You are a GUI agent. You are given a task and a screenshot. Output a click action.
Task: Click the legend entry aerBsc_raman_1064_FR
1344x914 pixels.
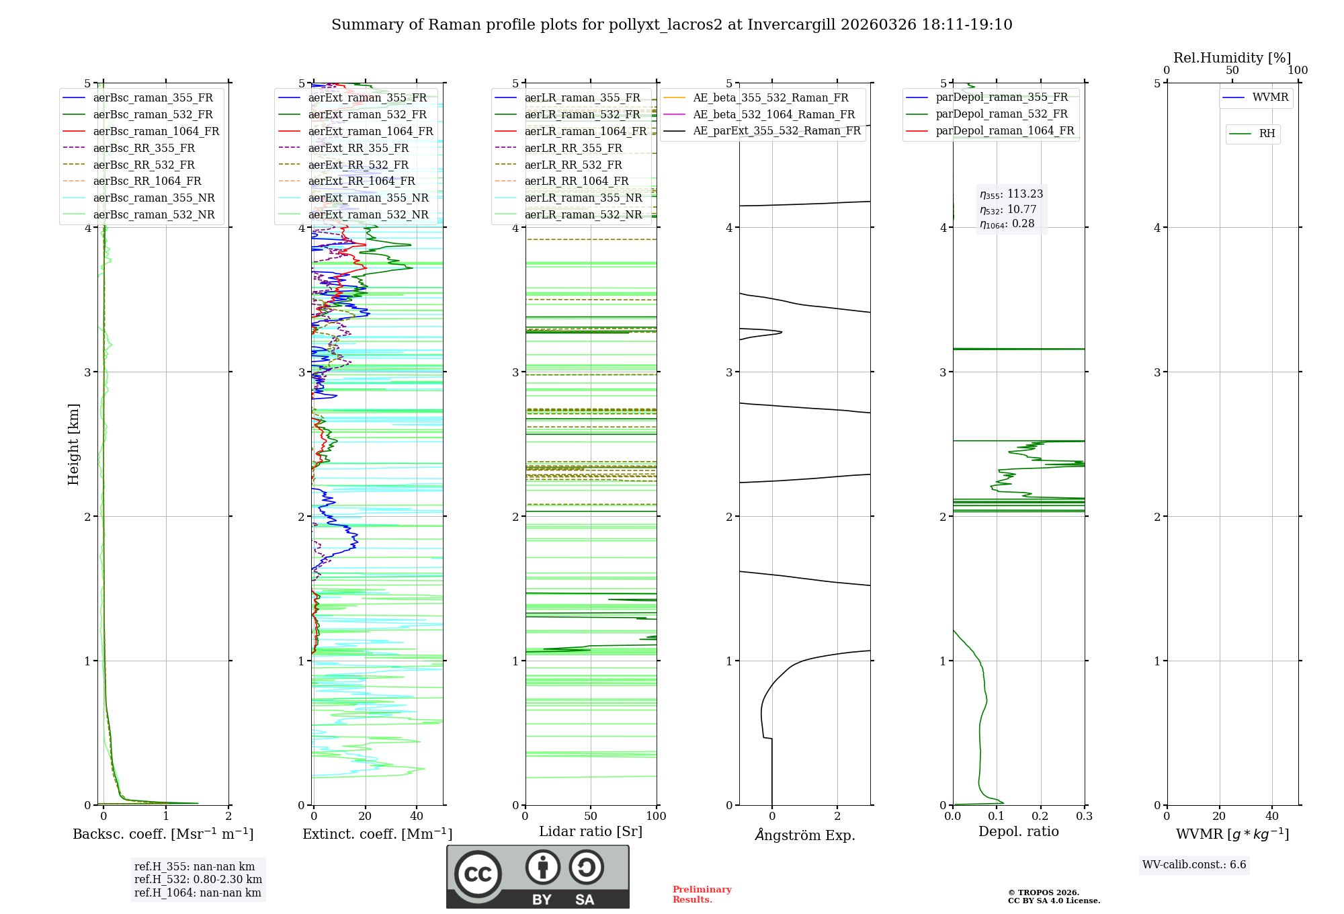[156, 132]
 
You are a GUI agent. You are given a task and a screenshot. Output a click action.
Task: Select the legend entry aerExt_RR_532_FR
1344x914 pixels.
[358, 165]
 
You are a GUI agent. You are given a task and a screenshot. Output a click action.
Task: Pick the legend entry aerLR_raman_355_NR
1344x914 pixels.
[583, 198]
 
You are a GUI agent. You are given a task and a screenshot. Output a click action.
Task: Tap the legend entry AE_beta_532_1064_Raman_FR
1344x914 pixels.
[773, 115]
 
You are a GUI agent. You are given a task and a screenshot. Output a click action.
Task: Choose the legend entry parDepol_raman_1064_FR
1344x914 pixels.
[1005, 131]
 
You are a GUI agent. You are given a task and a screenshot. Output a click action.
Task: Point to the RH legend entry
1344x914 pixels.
[1267, 134]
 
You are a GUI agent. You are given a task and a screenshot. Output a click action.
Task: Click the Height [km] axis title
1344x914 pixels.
[73, 444]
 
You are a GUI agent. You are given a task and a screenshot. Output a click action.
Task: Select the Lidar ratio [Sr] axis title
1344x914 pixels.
[591, 831]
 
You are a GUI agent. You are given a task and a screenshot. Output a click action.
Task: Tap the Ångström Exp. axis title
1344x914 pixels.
[805, 835]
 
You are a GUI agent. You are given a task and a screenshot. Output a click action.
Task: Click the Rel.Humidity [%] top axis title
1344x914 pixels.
[1232, 58]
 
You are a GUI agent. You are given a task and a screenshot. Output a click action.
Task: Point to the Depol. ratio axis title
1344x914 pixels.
[1018, 831]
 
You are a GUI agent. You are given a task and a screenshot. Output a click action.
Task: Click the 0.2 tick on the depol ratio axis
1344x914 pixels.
[1040, 817]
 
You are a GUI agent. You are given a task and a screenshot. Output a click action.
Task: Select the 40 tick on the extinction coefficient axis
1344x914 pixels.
[417, 817]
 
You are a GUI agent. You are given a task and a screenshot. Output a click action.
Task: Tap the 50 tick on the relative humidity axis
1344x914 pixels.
[1232, 71]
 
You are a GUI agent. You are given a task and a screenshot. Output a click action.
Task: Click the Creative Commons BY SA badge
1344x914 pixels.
[538, 877]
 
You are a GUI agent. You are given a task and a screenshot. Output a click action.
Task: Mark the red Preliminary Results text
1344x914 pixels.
[702, 895]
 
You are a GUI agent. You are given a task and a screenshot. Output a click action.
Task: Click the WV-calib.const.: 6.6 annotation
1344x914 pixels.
[1194, 865]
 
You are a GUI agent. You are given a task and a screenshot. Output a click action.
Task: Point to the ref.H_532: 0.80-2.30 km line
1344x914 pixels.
[198, 880]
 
